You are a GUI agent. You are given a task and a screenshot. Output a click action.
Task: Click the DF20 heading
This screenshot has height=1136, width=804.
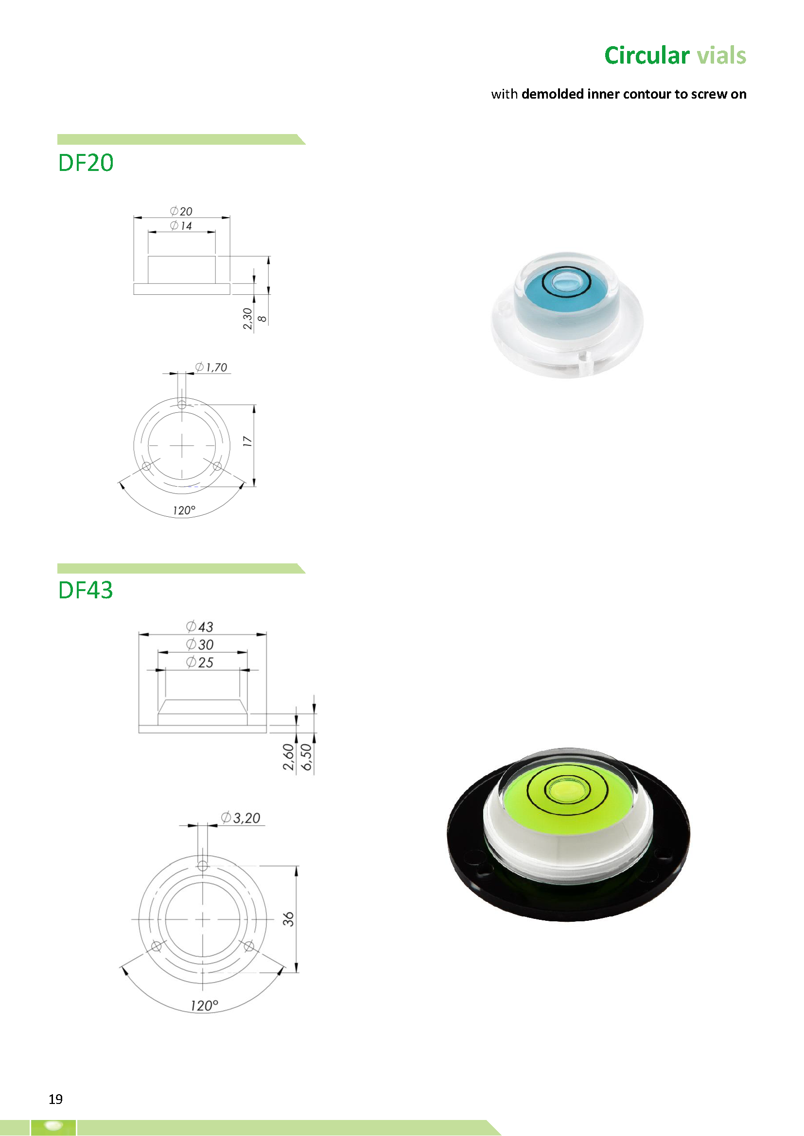pos(86,163)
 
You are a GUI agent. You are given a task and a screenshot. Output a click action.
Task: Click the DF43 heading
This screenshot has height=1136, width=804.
pos(86,590)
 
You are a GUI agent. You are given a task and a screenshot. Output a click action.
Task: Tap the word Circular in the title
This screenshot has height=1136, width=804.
pos(647,55)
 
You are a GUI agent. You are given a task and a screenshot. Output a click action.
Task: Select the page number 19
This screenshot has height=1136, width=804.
pos(55,1099)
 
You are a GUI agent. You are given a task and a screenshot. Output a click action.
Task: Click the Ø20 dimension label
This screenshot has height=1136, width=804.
pos(181,211)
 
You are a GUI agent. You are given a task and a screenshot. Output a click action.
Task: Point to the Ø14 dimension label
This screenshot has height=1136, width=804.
pos(181,226)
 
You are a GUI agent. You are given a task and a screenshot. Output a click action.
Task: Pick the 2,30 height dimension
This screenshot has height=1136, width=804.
pos(247,319)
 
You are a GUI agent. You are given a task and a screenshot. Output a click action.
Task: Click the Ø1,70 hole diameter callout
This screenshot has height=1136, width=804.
pos(211,367)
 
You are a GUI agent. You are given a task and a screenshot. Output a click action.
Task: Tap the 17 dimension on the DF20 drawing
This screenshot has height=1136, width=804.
pos(247,442)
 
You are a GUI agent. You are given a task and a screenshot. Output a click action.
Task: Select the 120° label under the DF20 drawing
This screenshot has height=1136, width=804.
pos(184,510)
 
